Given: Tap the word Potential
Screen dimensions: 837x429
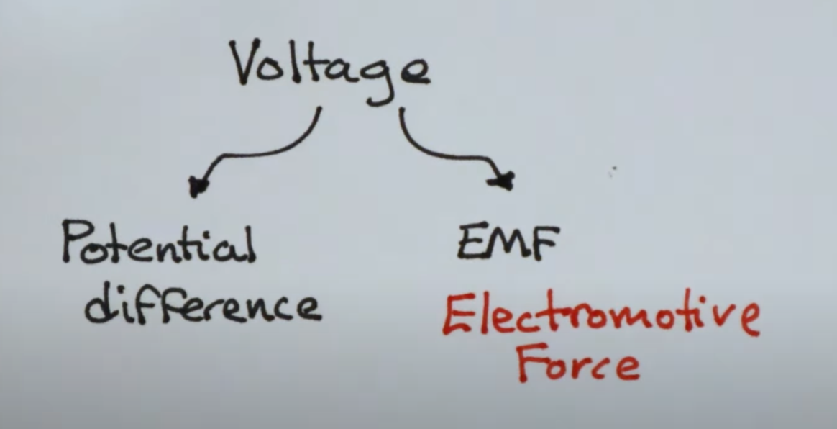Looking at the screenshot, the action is click(x=158, y=245).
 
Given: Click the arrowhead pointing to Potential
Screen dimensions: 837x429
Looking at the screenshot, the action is click(x=195, y=186).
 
